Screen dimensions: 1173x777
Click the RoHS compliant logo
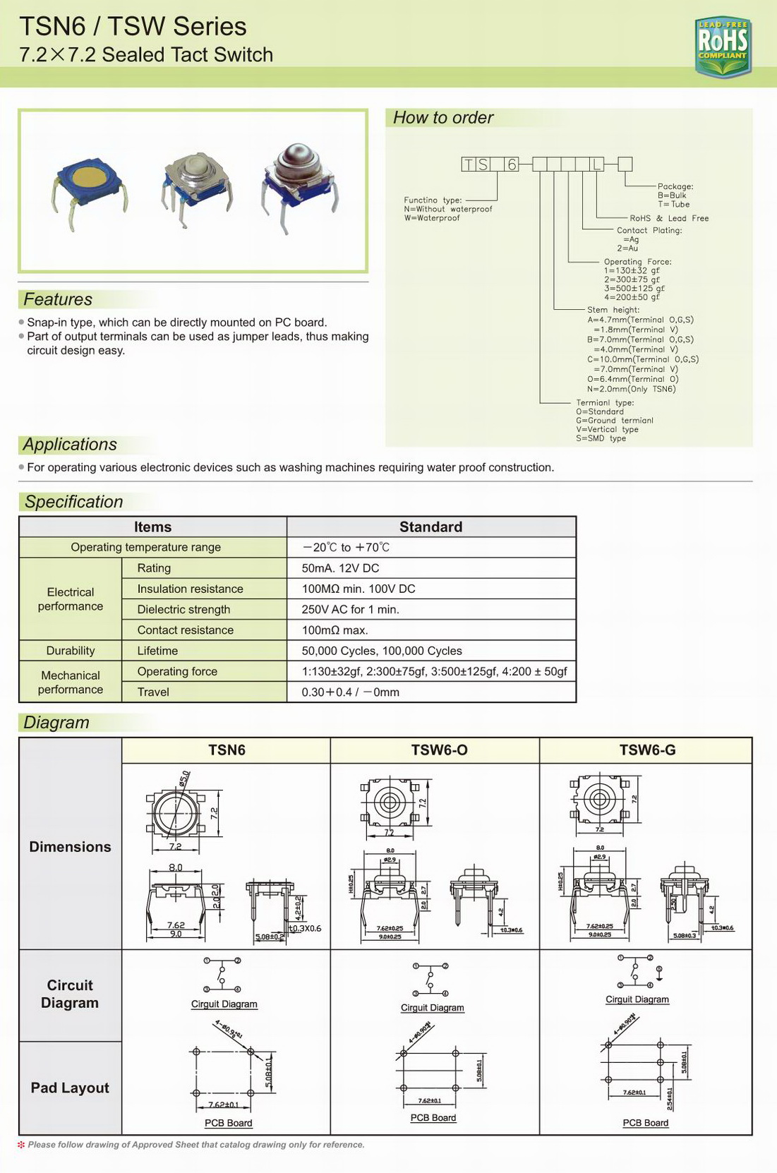[x=723, y=46]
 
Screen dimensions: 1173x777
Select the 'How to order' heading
[x=442, y=118]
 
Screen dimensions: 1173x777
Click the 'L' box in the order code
[x=597, y=164]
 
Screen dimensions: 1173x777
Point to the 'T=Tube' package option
[x=673, y=205]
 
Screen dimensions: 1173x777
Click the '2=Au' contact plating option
[x=627, y=248]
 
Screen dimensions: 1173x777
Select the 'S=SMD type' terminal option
[x=601, y=438]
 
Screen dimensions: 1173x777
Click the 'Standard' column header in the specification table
[x=430, y=527]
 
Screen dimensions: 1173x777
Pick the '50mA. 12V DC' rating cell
[x=340, y=568]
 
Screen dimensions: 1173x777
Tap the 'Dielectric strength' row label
[x=183, y=610]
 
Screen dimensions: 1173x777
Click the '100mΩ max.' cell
[x=335, y=630]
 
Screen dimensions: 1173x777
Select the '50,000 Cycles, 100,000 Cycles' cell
[x=382, y=651]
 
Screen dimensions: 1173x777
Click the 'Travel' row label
[x=153, y=692]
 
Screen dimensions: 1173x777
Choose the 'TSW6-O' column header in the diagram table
[x=439, y=750]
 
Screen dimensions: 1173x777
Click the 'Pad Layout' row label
[x=70, y=1088]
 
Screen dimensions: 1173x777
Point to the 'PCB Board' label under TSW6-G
[x=645, y=1123]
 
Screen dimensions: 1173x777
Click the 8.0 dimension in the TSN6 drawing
[x=175, y=867]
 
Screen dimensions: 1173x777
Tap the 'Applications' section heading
[x=70, y=445]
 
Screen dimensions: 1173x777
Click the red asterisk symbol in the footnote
[x=21, y=1145]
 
